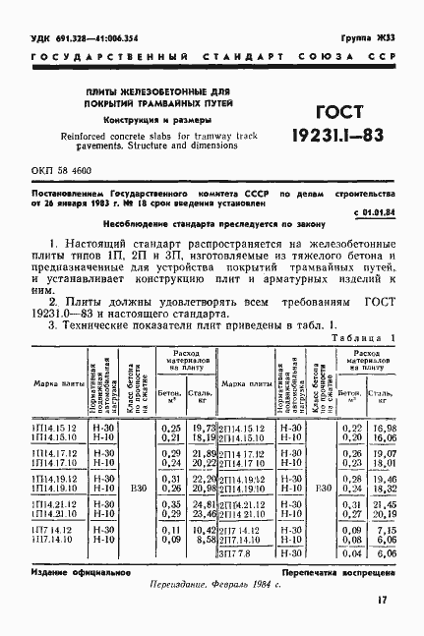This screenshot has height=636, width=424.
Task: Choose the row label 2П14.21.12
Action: click(x=242, y=503)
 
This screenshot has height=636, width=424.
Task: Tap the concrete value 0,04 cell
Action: click(x=348, y=554)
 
